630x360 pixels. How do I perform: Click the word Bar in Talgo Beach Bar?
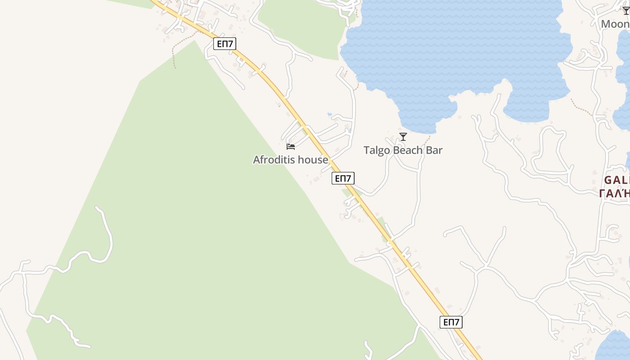coord(434,150)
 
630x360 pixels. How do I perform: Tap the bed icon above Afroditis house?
coord(291,146)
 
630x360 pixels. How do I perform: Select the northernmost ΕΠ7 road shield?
coord(225,44)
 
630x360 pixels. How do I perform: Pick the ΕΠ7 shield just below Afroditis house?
coord(343,178)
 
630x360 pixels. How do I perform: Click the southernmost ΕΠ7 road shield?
coord(451,322)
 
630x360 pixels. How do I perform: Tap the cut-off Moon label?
coord(615,24)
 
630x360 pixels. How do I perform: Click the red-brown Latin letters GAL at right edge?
coord(616,180)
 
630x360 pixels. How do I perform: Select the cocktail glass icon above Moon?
coord(626,11)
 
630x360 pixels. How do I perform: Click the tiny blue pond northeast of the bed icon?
coord(329,114)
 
